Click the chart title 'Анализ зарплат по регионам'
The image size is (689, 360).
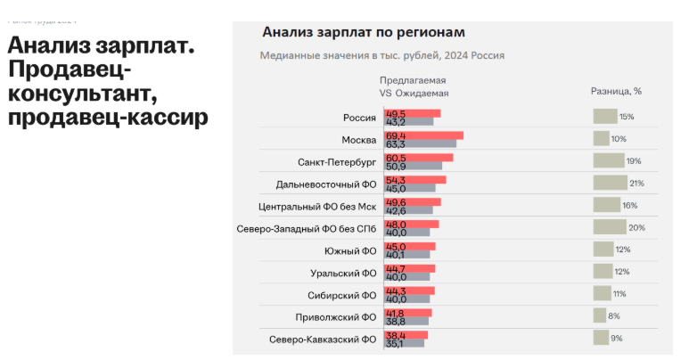pyautogui.click(x=364, y=33)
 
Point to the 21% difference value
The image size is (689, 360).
pyautogui.click(x=636, y=183)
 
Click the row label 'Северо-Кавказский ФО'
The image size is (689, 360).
pyautogui.click(x=323, y=340)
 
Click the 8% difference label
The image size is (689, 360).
pyautogui.click(x=613, y=315)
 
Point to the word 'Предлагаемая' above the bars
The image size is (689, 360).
pyautogui.click(x=414, y=80)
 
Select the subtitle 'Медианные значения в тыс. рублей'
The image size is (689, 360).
pyautogui.click(x=349, y=55)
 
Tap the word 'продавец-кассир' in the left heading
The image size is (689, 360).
pyautogui.click(x=107, y=117)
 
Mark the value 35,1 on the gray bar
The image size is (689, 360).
pyautogui.click(x=395, y=343)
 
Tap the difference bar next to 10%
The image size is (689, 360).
pyautogui.click(x=602, y=138)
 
